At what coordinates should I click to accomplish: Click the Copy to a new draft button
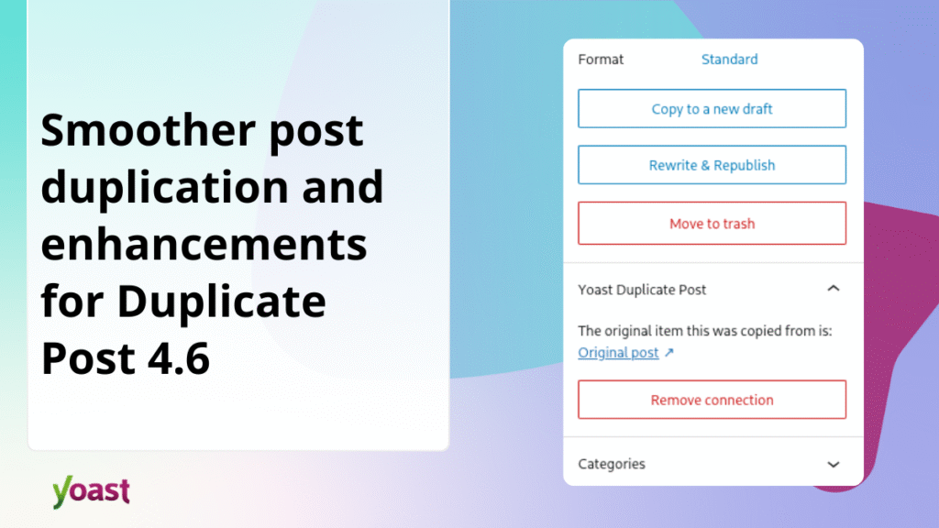(712, 109)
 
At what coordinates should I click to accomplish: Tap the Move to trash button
(712, 224)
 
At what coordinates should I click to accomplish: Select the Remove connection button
(712, 401)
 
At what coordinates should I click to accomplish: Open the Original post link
(618, 353)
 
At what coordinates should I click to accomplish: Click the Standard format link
(729, 60)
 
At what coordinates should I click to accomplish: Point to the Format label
(601, 60)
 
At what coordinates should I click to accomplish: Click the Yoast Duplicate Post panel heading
(642, 290)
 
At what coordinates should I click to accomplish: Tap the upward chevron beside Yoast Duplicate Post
(833, 289)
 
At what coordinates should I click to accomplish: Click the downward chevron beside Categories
(833, 465)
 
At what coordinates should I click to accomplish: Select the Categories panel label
(611, 465)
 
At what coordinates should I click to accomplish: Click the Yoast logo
(91, 491)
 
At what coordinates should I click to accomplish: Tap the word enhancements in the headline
(204, 246)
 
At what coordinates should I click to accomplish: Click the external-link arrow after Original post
(668, 353)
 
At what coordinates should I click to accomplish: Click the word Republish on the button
(745, 166)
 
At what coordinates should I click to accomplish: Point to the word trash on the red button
(736, 224)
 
